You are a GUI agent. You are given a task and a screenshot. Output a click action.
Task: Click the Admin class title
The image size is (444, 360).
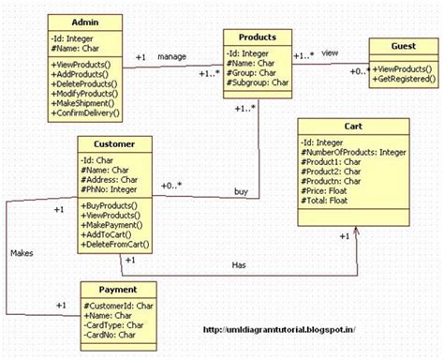tap(85, 21)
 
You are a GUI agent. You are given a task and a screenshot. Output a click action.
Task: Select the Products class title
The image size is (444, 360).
tap(257, 37)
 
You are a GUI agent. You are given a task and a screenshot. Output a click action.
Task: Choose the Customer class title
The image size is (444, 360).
tap(115, 144)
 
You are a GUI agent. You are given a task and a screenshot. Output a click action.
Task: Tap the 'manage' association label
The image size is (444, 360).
tap(171, 55)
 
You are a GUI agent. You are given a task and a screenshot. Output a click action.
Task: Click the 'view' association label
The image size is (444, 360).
tap(330, 53)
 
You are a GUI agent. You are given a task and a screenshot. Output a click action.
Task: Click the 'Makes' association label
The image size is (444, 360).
tap(22, 253)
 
